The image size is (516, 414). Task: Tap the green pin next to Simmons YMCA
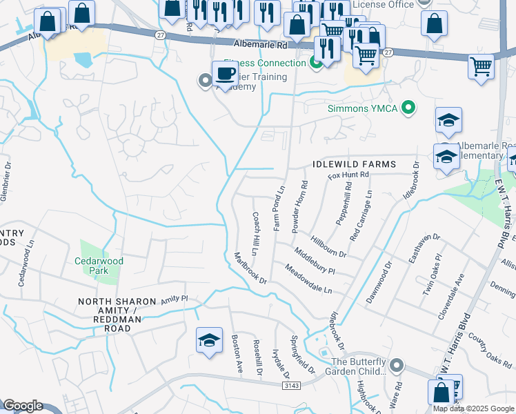[x=409, y=108]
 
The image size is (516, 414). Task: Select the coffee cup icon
[x=225, y=73]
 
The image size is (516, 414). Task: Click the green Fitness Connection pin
[x=317, y=63]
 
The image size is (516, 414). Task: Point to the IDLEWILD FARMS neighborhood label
[x=354, y=164]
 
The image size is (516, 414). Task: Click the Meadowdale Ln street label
[x=308, y=279]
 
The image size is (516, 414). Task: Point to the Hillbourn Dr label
[x=328, y=244]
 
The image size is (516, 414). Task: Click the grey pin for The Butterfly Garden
[x=396, y=364]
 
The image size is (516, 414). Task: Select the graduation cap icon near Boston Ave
[x=209, y=340]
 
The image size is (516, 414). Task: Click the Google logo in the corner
[x=22, y=406]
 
